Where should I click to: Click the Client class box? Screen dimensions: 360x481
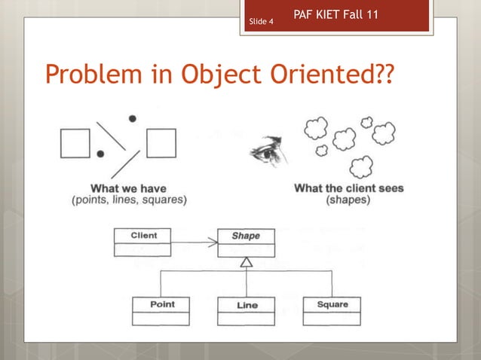(143, 243)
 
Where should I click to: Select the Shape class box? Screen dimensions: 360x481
(246, 243)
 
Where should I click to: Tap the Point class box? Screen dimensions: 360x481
(161, 310)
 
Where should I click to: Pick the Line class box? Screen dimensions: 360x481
(247, 311)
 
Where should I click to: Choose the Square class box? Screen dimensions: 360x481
(332, 310)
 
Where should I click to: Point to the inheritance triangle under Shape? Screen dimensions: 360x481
(246, 263)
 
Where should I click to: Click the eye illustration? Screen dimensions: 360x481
(265, 154)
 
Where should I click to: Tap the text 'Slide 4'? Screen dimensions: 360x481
(261, 23)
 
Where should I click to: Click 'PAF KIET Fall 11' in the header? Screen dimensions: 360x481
(335, 14)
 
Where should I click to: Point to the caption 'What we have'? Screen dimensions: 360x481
(128, 188)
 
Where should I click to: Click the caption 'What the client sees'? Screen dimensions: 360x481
(348, 188)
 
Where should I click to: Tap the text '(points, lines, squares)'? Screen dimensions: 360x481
(129, 200)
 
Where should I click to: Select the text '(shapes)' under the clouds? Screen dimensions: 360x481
(348, 200)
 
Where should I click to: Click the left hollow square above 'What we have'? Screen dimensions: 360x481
(75, 143)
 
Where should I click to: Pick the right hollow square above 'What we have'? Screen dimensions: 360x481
(161, 143)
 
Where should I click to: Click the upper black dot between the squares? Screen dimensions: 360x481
(133, 118)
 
